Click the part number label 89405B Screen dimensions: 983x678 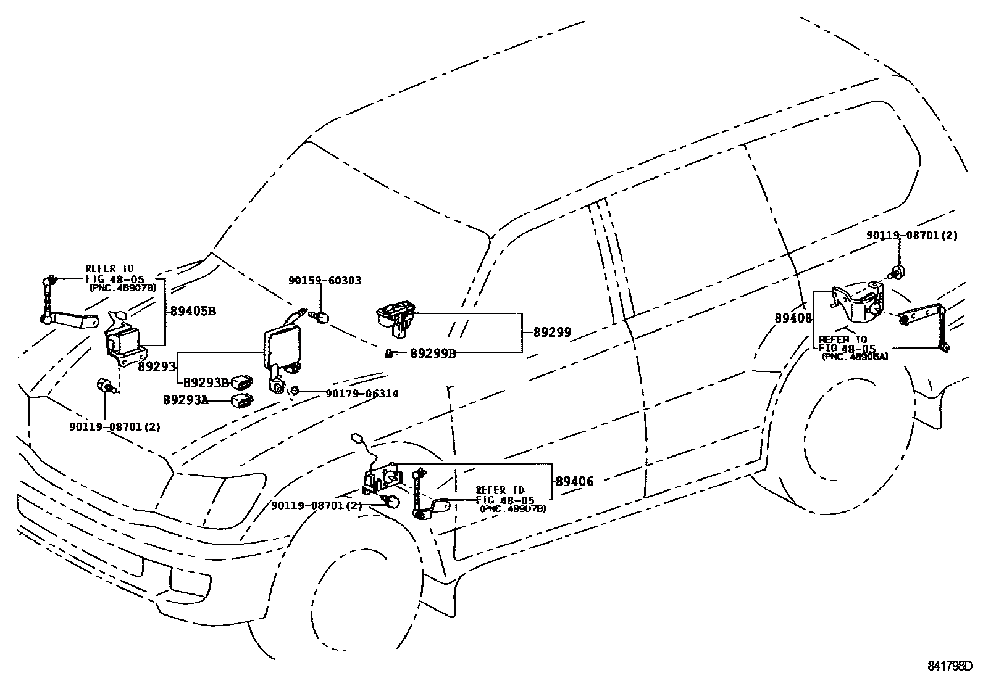193,312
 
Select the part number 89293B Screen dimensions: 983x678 206,383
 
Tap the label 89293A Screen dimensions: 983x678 186,400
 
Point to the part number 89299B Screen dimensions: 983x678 433,353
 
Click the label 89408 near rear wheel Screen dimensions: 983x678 793,318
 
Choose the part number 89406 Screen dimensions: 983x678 574,482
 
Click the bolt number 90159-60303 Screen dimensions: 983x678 325,281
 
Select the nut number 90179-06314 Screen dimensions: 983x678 362,394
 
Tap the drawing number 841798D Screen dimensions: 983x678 950,666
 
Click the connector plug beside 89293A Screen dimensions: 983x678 242,400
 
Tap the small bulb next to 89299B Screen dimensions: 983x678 389,353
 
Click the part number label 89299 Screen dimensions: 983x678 553,333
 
